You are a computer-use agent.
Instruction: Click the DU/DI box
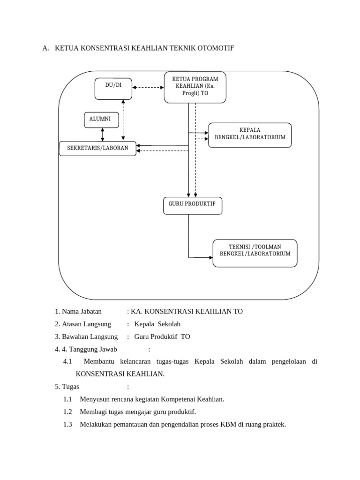pos(113,89)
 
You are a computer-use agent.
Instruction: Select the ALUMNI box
pos(101,120)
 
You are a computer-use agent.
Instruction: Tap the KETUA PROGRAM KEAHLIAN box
pos(195,87)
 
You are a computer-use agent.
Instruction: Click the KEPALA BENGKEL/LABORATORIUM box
pos(250,135)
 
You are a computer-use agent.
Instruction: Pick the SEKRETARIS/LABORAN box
pos(98,148)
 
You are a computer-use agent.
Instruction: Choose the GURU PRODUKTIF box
pos(193,206)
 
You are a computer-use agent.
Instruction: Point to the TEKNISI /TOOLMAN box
pos(255,253)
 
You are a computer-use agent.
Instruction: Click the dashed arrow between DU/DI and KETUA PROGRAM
pos(148,87)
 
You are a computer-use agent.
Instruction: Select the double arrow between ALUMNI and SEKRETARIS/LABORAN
pos(102,134)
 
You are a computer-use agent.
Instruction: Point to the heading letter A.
pos(45,48)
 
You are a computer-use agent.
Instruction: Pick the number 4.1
pos(67,362)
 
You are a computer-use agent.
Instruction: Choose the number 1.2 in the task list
pos(67,412)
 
